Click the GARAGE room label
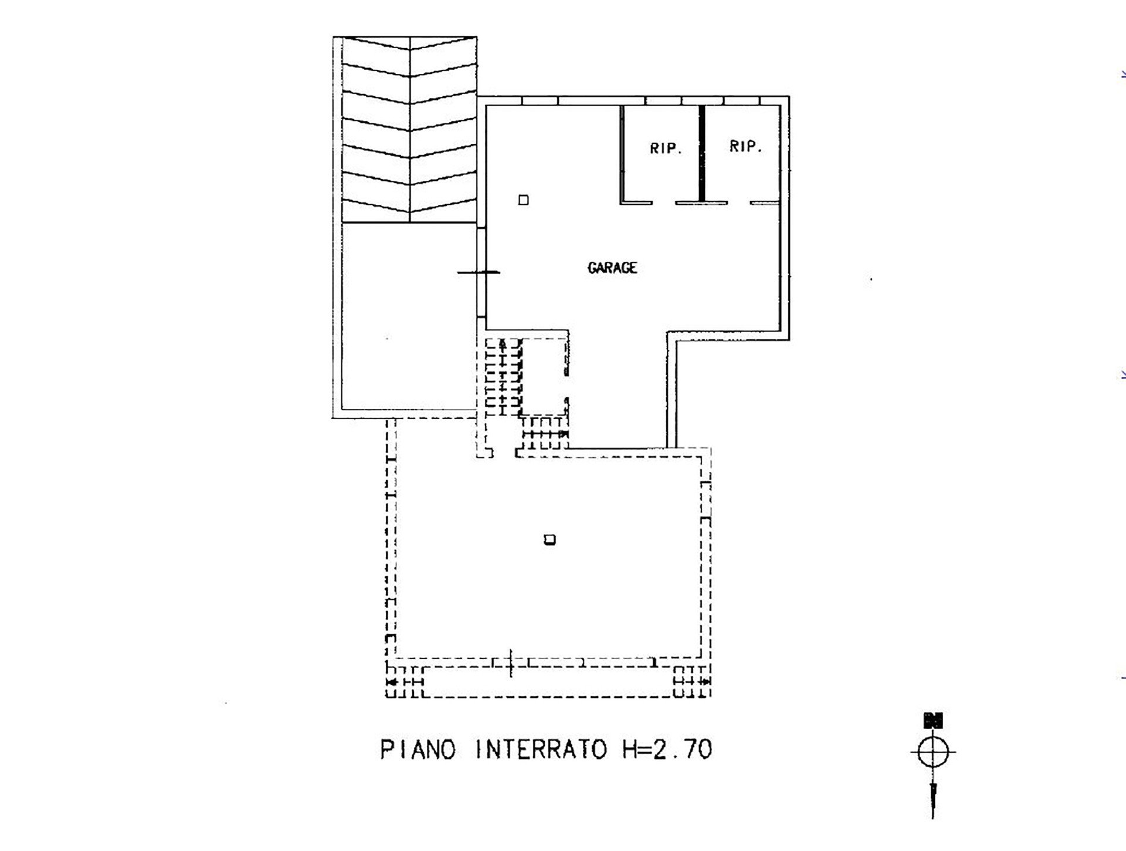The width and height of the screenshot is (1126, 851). (x=612, y=268)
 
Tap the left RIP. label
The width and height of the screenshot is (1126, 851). (x=666, y=148)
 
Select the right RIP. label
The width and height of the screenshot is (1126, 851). (x=745, y=146)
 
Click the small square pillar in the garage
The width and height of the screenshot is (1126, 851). (x=524, y=200)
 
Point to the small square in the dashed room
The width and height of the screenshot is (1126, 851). (x=550, y=539)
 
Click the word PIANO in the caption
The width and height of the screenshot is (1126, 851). (x=418, y=749)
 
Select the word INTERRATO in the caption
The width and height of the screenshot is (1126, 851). (x=541, y=749)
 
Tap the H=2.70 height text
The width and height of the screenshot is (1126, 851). (x=667, y=749)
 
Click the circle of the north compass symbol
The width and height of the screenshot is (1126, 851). (x=932, y=752)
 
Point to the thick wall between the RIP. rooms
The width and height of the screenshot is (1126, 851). (x=701, y=154)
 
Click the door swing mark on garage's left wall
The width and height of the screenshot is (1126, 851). (x=479, y=272)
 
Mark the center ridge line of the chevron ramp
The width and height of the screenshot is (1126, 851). (x=409, y=130)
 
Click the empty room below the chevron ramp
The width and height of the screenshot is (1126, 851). (x=409, y=316)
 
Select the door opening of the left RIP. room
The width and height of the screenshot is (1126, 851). (x=664, y=203)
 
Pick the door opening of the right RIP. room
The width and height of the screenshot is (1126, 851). (x=739, y=203)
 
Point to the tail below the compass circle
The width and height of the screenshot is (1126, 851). (x=932, y=800)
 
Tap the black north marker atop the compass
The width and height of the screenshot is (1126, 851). (x=932, y=720)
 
